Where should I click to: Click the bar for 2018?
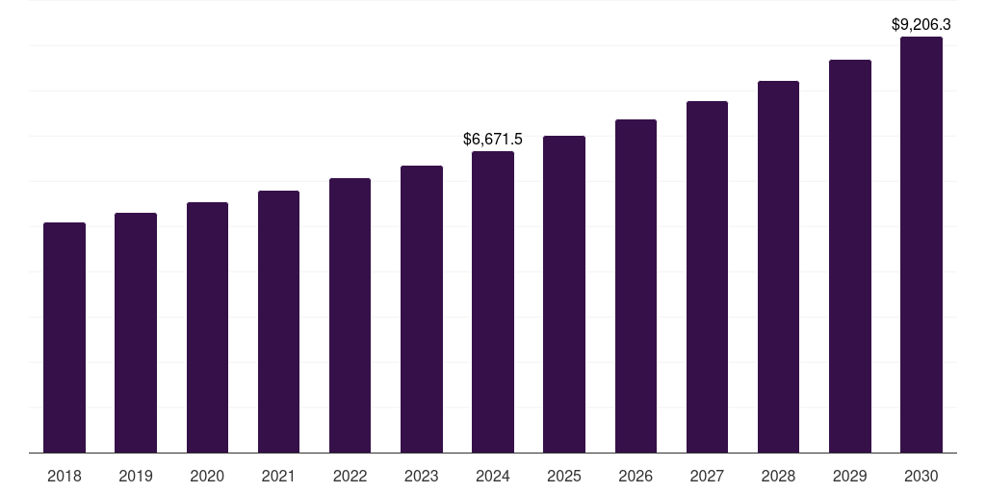point(65,337)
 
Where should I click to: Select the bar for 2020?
point(207,327)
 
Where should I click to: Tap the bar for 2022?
point(350,315)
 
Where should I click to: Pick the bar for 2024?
point(493,301)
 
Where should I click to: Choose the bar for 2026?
point(636,286)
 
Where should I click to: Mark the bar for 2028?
point(778,267)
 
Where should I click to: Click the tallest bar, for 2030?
point(921,245)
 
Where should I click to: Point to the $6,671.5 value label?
point(493,140)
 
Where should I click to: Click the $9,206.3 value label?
point(921,25)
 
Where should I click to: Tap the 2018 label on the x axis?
point(65,476)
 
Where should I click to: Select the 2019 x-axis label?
point(136,476)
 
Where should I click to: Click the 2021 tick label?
point(278,476)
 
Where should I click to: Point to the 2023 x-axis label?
point(422,476)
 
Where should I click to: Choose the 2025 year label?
point(564,476)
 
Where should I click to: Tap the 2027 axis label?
point(707,476)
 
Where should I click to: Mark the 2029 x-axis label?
point(850,476)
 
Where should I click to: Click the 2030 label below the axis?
point(921,476)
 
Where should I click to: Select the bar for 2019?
point(136,332)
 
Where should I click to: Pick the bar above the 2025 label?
point(564,294)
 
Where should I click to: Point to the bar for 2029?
point(850,256)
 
